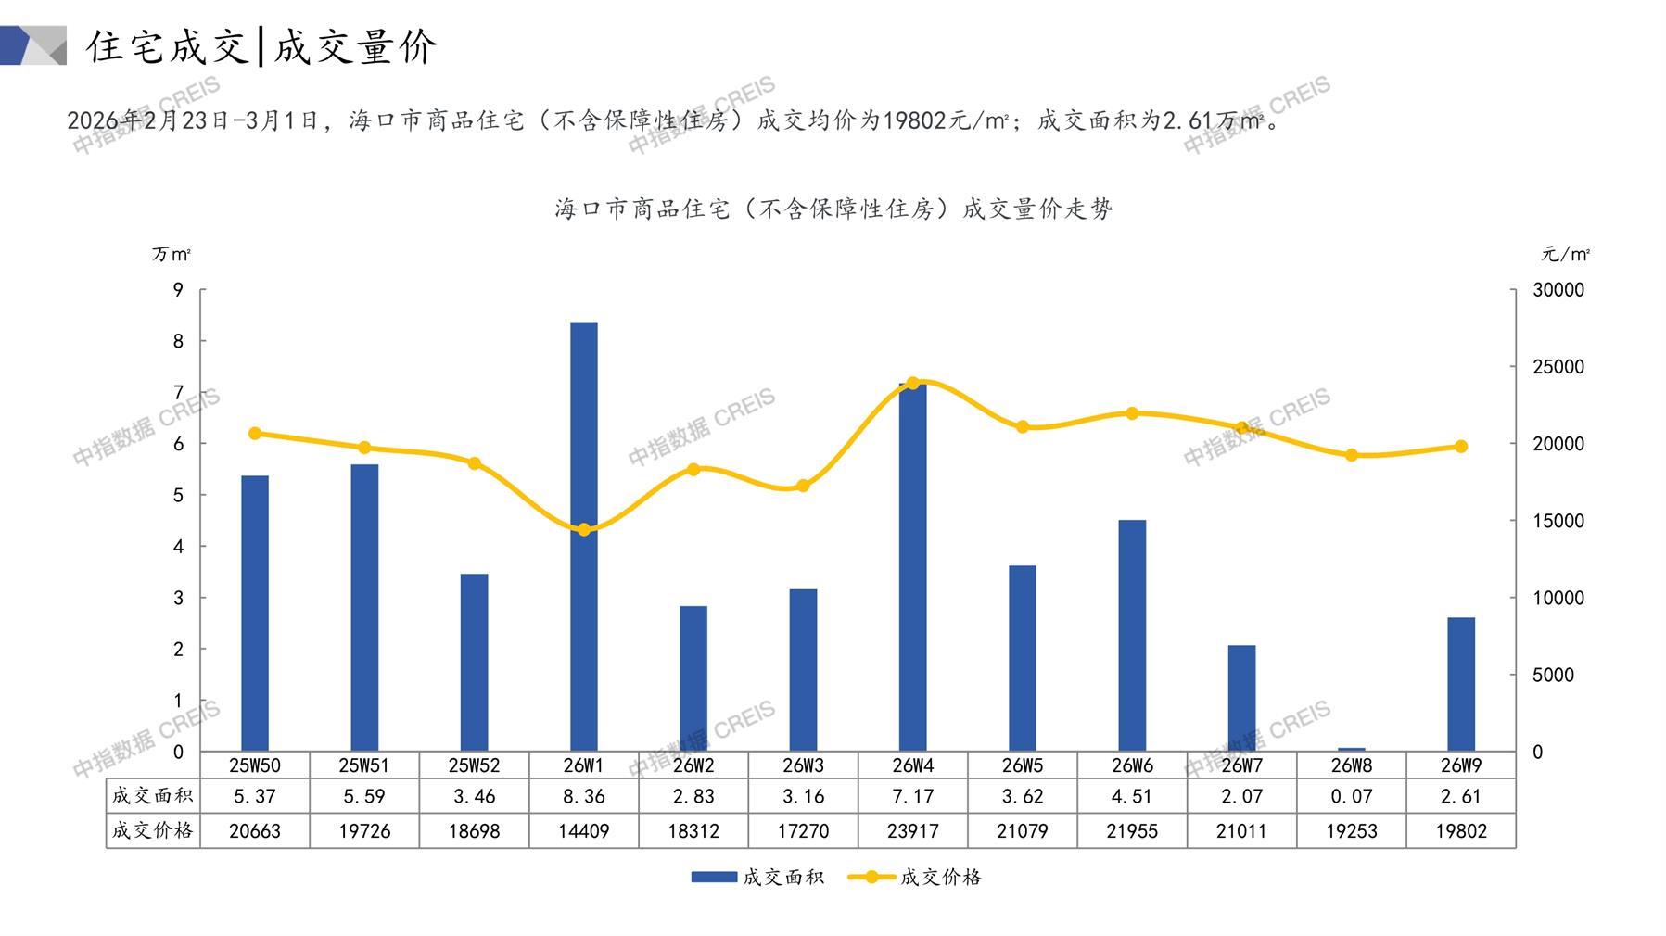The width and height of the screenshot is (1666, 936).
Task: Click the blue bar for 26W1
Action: click(x=583, y=538)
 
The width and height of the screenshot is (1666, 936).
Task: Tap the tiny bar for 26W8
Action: click(x=1351, y=749)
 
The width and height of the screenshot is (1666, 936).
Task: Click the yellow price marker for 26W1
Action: click(x=584, y=530)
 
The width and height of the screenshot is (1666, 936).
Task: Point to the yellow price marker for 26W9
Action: click(x=1461, y=447)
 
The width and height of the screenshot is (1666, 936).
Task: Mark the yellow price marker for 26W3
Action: click(x=803, y=487)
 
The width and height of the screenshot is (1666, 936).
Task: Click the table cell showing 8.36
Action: click(x=583, y=796)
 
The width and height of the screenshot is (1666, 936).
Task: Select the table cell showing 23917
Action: click(x=912, y=831)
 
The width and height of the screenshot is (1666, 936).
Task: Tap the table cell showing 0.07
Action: click(x=1351, y=796)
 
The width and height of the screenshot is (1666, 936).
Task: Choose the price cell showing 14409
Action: click(x=583, y=831)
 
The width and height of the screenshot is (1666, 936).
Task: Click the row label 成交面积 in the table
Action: click(x=152, y=796)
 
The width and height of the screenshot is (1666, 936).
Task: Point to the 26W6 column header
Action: click(x=1132, y=765)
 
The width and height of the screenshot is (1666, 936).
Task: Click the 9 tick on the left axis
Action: click(x=178, y=290)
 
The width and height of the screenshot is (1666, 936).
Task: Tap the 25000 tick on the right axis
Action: click(x=1558, y=367)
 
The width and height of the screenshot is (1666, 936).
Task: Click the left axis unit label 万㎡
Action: click(x=172, y=254)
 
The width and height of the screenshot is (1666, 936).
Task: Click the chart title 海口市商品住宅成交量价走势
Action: click(x=833, y=209)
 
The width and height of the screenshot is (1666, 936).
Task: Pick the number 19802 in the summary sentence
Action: click(x=914, y=120)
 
